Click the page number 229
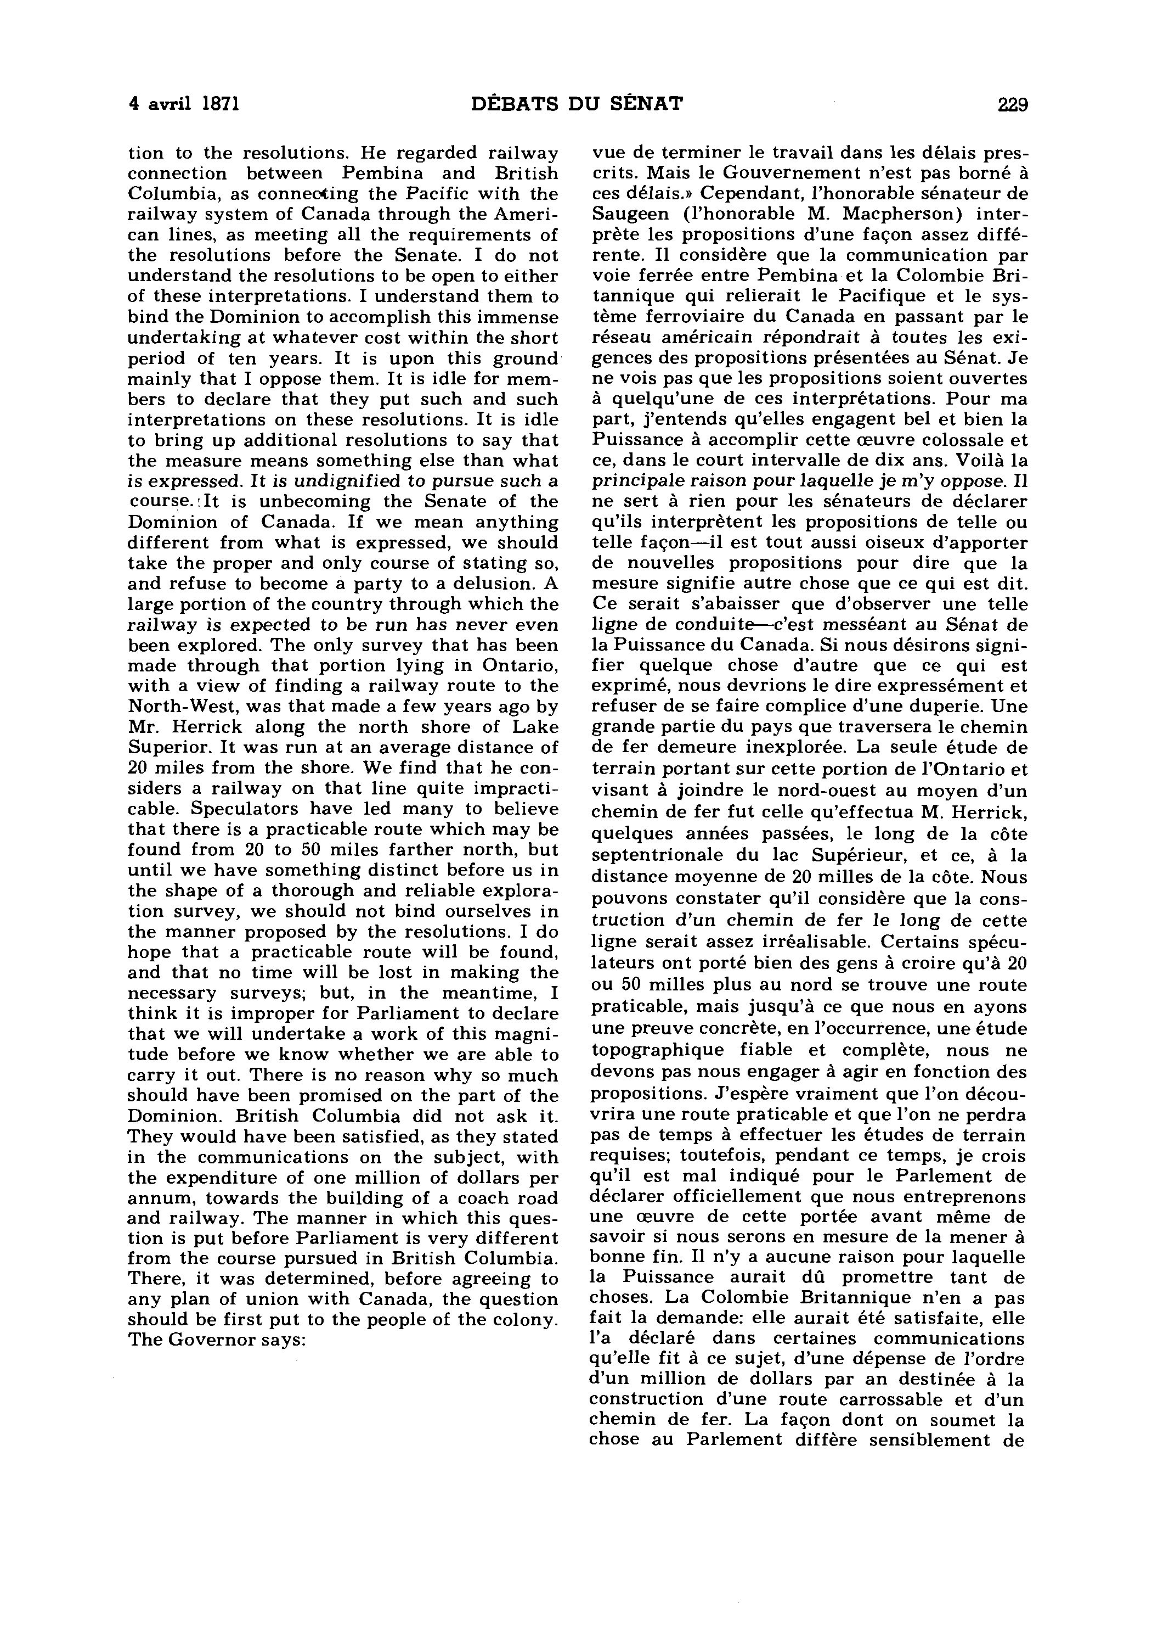coord(1012,105)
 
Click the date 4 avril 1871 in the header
coord(184,105)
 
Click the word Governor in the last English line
coord(212,1340)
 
